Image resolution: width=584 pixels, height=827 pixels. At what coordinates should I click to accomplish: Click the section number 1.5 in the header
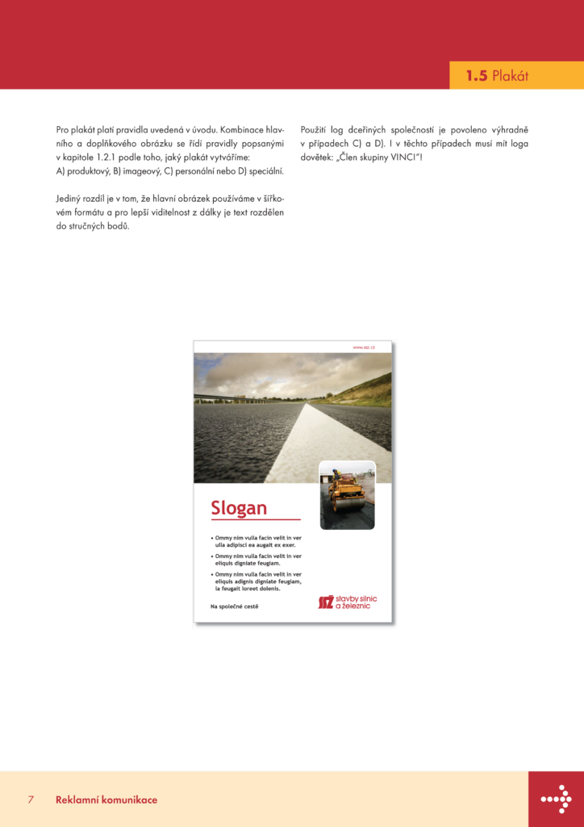476,76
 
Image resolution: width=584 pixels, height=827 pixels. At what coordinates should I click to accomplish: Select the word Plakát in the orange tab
510,76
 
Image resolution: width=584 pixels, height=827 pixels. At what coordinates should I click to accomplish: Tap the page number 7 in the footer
31,800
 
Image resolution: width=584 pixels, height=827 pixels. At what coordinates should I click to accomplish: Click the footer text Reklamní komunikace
106,800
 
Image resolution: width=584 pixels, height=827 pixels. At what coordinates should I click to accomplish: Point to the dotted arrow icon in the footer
556,799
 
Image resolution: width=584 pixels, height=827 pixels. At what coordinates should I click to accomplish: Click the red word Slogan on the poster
239,508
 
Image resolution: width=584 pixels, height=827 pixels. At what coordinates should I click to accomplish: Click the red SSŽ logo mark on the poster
325,602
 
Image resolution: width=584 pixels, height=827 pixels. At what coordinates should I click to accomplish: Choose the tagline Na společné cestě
234,605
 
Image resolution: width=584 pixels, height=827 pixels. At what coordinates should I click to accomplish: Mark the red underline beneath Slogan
255,519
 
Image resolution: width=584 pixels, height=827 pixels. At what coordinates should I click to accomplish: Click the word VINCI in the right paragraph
404,157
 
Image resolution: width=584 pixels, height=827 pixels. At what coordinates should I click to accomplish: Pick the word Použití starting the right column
315,129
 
